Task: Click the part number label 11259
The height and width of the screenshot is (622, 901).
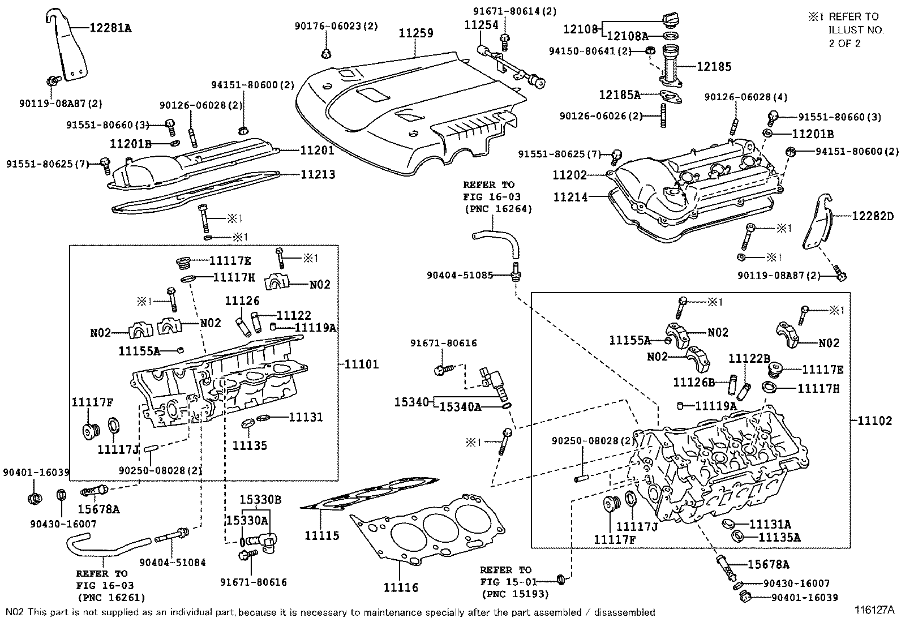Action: pyautogui.click(x=416, y=33)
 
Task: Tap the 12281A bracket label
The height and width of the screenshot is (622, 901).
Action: pyautogui.click(x=111, y=27)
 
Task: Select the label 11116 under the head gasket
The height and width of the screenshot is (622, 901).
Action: pyautogui.click(x=401, y=587)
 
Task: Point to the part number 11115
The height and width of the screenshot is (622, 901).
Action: pyautogui.click(x=322, y=535)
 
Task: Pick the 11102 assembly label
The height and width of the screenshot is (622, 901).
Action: pyautogui.click(x=874, y=421)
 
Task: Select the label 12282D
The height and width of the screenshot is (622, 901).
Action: pyautogui.click(x=873, y=216)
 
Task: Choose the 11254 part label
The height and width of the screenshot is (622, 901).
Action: pyautogui.click(x=481, y=25)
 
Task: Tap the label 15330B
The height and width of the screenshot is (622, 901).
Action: pyautogui.click(x=260, y=500)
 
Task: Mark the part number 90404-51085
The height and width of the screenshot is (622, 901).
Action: pyautogui.click(x=460, y=276)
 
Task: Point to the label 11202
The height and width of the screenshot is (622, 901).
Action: pyautogui.click(x=570, y=175)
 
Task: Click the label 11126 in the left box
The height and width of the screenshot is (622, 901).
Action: pyautogui.click(x=242, y=301)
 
